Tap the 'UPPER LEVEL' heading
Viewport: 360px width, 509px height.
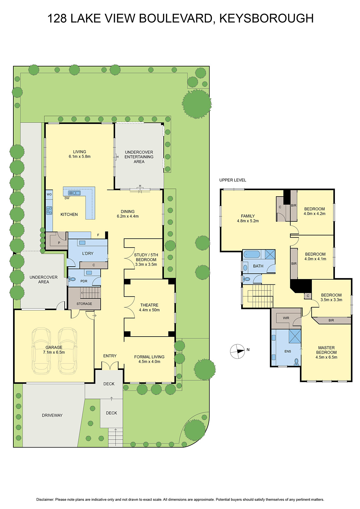click(232, 180)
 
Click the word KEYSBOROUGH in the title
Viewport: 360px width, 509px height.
click(266, 18)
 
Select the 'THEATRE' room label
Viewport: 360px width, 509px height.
click(149, 305)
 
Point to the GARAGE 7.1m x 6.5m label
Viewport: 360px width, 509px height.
click(54, 350)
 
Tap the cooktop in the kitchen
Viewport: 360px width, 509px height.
click(49, 210)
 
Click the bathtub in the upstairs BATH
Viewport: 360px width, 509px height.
click(252, 254)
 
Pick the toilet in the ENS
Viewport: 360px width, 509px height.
click(297, 362)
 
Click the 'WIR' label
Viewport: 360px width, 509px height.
click(286, 318)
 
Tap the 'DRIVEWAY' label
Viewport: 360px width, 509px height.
click(52, 415)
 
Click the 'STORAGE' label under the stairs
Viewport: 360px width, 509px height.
click(84, 304)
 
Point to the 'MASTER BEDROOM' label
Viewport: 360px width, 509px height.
click(326, 350)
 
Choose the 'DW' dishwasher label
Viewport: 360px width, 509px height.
click(67, 198)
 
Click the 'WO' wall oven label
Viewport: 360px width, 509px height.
click(49, 194)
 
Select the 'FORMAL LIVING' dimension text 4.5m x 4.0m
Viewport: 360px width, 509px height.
click(149, 361)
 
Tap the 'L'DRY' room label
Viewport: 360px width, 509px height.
click(88, 254)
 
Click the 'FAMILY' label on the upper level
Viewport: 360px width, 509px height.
click(248, 216)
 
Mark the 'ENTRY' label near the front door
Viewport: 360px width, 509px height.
click(110, 356)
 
